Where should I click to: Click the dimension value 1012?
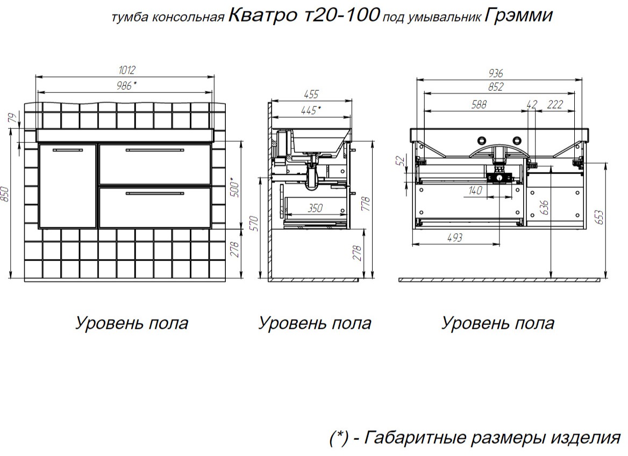[x=127, y=70]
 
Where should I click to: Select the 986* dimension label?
[x=126, y=85]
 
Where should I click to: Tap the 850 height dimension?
[x=4, y=194]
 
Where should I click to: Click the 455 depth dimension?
[x=311, y=95]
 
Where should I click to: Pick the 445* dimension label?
[x=311, y=110]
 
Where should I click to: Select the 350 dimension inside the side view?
[x=315, y=208]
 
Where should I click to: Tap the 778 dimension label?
[x=365, y=204]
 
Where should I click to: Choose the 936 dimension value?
[x=495, y=73]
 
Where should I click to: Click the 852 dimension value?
[x=495, y=87]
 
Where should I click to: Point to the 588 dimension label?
[x=479, y=104]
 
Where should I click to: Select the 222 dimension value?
[x=555, y=104]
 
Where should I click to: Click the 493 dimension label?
[x=454, y=237]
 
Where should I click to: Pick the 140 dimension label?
[x=475, y=190]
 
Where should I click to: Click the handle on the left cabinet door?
[x=68, y=150]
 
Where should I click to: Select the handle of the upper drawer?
[x=155, y=150]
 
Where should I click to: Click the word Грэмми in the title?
[x=519, y=15]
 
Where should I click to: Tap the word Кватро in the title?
[x=262, y=15]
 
